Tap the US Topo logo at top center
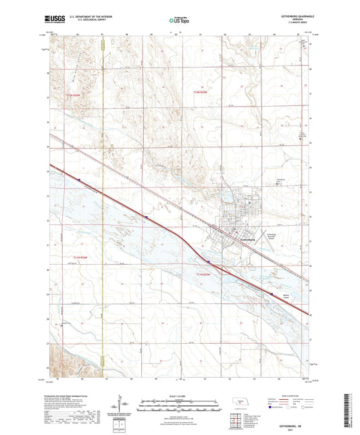176,21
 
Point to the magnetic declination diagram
123,405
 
